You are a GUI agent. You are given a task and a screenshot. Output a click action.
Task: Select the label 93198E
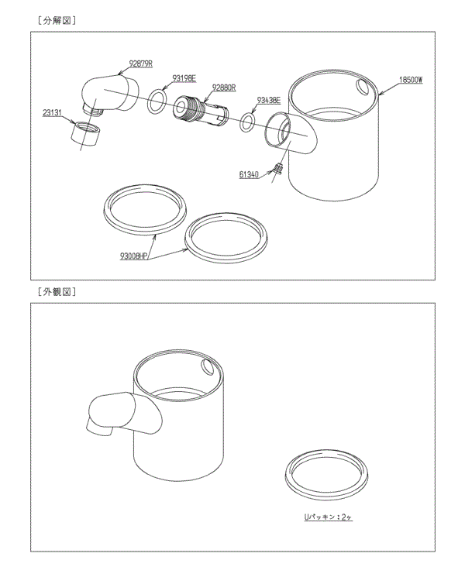184,78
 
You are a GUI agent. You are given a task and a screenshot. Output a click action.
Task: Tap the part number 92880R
225,88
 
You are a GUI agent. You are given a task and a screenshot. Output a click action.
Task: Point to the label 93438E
268,101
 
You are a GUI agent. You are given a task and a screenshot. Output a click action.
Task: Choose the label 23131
53,112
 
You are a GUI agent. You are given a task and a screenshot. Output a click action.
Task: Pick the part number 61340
250,175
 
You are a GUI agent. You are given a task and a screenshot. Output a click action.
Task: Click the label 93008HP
134,255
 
